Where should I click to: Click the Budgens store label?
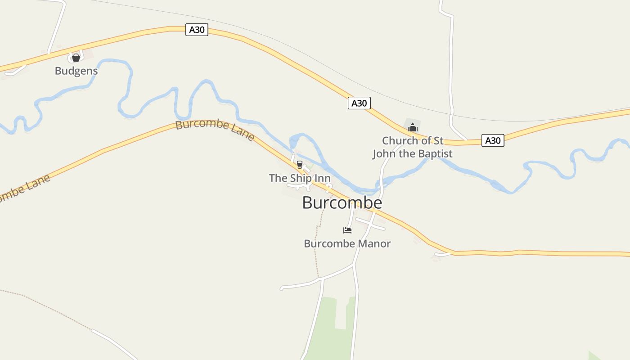pyautogui.click(x=76, y=71)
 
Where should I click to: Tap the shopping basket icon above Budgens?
pyautogui.click(x=76, y=58)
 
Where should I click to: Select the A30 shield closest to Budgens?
pyautogui.click(x=197, y=30)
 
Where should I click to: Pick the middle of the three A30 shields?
pyautogui.click(x=359, y=103)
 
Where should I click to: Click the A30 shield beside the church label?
pyautogui.click(x=492, y=140)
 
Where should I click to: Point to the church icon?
pyautogui.click(x=412, y=128)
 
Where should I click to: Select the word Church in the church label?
pyautogui.click(x=400, y=140)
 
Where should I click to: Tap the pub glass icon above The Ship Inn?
pyautogui.click(x=300, y=165)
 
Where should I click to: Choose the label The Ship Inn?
pyautogui.click(x=300, y=178)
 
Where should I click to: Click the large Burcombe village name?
pyautogui.click(x=342, y=203)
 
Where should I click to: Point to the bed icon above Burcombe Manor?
pyautogui.click(x=347, y=230)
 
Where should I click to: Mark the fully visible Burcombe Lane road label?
pyautogui.click(x=215, y=130)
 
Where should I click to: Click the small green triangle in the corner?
pyautogui.click(x=593, y=355)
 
